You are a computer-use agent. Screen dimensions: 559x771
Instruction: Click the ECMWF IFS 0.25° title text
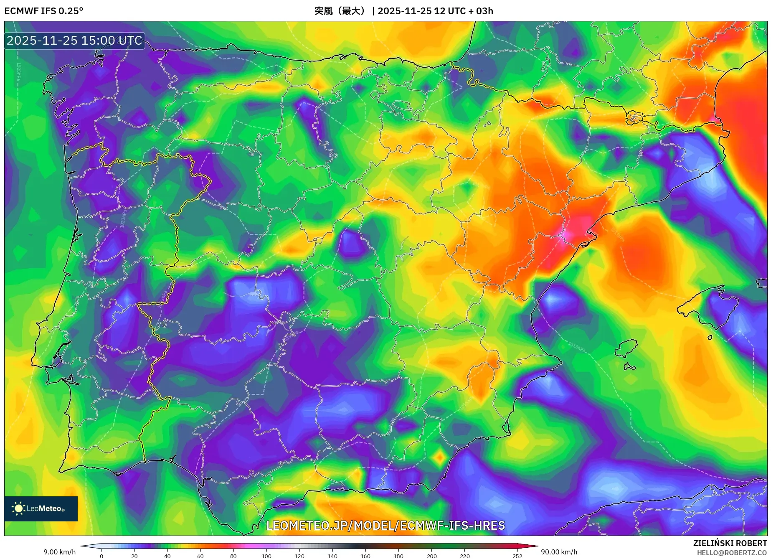(x=44, y=11)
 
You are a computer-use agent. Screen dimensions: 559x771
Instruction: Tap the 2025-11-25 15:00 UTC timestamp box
(x=74, y=41)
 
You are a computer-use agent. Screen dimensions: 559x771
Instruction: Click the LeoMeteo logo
(x=41, y=508)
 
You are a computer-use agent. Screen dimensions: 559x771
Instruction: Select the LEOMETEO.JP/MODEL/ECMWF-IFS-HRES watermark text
(x=385, y=526)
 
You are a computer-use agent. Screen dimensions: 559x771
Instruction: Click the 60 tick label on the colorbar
(x=200, y=556)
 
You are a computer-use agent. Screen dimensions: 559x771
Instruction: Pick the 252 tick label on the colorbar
(x=517, y=556)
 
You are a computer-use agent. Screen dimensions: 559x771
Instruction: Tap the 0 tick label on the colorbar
(x=101, y=556)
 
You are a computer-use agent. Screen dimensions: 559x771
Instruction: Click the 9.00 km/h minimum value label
(x=60, y=552)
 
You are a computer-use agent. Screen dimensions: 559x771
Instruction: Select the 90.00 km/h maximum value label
(x=559, y=552)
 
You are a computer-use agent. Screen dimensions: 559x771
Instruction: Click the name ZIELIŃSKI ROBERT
(x=730, y=543)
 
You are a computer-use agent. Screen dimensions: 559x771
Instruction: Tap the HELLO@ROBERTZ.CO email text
(x=731, y=553)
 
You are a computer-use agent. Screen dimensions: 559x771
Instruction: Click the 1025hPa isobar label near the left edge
(x=18, y=71)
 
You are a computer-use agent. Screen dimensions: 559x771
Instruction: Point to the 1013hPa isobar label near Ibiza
(x=577, y=346)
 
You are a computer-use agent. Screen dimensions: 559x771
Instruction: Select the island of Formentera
(x=629, y=367)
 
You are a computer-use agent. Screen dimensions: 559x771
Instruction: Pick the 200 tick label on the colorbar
(x=431, y=556)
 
